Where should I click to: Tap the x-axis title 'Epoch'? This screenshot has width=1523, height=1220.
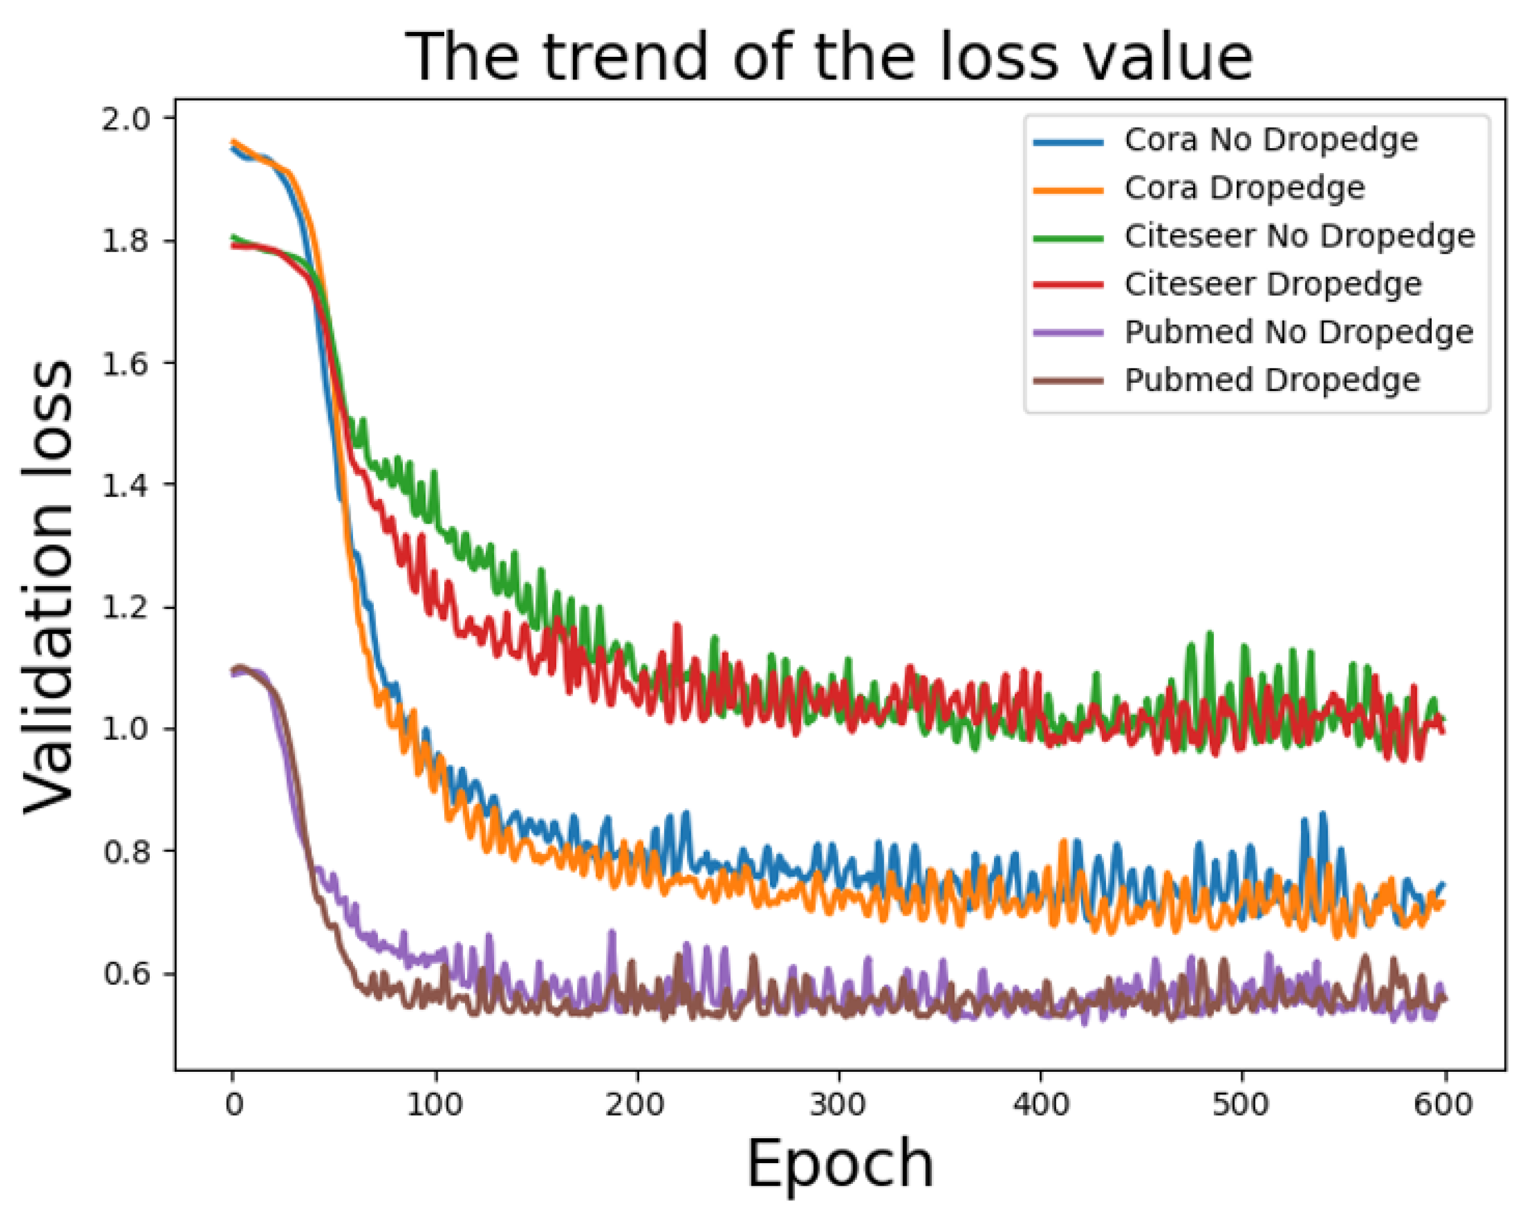pyautogui.click(x=840, y=1164)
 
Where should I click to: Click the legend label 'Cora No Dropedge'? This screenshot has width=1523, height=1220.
pyautogui.click(x=1271, y=140)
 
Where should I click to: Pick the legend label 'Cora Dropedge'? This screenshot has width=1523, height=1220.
pyautogui.click(x=1244, y=188)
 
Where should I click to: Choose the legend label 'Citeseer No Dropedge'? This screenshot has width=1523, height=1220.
pyautogui.click(x=1299, y=236)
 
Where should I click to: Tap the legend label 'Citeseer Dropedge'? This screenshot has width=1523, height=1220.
pyautogui.click(x=1273, y=284)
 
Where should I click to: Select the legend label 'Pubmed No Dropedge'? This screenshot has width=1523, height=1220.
pyautogui.click(x=1298, y=332)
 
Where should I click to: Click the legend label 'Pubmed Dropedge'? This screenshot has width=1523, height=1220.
pyautogui.click(x=1271, y=380)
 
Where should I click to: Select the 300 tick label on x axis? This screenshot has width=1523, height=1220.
pyautogui.click(x=838, y=1103)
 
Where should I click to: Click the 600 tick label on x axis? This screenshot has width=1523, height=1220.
pyautogui.click(x=1443, y=1103)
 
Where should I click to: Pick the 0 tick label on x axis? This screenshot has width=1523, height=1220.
pyautogui.click(x=234, y=1103)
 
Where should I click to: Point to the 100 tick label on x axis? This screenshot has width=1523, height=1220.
pyautogui.click(x=434, y=1103)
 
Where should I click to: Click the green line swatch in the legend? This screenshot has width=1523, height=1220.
pyautogui.click(x=1068, y=238)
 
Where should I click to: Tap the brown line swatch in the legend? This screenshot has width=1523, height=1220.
pyautogui.click(x=1068, y=382)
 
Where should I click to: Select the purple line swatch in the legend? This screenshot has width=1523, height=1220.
pyautogui.click(x=1068, y=333)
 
